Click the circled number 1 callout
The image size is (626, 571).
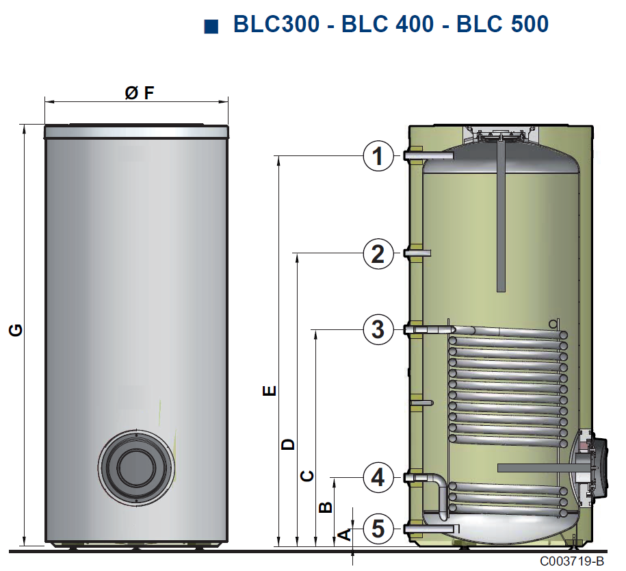(x=378, y=156)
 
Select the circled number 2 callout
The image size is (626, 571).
(x=378, y=253)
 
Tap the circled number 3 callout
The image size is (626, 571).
(x=378, y=329)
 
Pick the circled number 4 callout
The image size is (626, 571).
(x=378, y=477)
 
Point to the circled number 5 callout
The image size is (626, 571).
(x=378, y=529)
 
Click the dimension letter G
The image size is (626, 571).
(x=16, y=331)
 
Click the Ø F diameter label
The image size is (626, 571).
(x=139, y=93)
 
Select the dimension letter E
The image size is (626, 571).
(x=270, y=390)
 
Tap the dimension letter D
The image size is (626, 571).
(x=287, y=444)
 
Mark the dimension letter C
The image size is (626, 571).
(x=307, y=476)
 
